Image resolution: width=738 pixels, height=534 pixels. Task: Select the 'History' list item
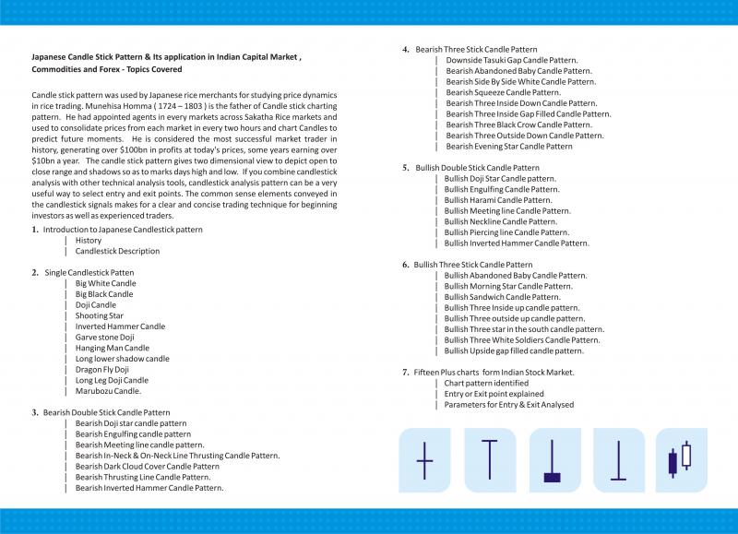tap(89, 240)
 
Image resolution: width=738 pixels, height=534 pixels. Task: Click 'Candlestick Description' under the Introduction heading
tap(117, 251)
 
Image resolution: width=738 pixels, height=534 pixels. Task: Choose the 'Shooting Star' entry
tap(99, 315)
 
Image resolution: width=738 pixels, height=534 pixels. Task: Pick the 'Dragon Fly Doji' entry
tap(101, 369)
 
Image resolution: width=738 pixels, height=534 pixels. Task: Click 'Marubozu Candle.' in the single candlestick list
tap(108, 390)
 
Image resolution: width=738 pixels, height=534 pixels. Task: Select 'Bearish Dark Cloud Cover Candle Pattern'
tap(148, 466)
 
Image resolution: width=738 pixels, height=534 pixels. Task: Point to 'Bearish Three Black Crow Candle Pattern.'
tap(518, 125)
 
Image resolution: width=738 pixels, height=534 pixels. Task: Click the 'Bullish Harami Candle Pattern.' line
tap(498, 200)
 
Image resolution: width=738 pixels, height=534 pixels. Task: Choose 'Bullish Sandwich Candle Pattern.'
tap(502, 297)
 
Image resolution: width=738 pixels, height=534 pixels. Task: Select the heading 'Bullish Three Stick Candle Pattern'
tap(473, 265)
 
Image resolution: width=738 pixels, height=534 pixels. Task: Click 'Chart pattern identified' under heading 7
tap(486, 383)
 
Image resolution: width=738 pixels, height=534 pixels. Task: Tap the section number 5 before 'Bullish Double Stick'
tap(406, 168)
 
